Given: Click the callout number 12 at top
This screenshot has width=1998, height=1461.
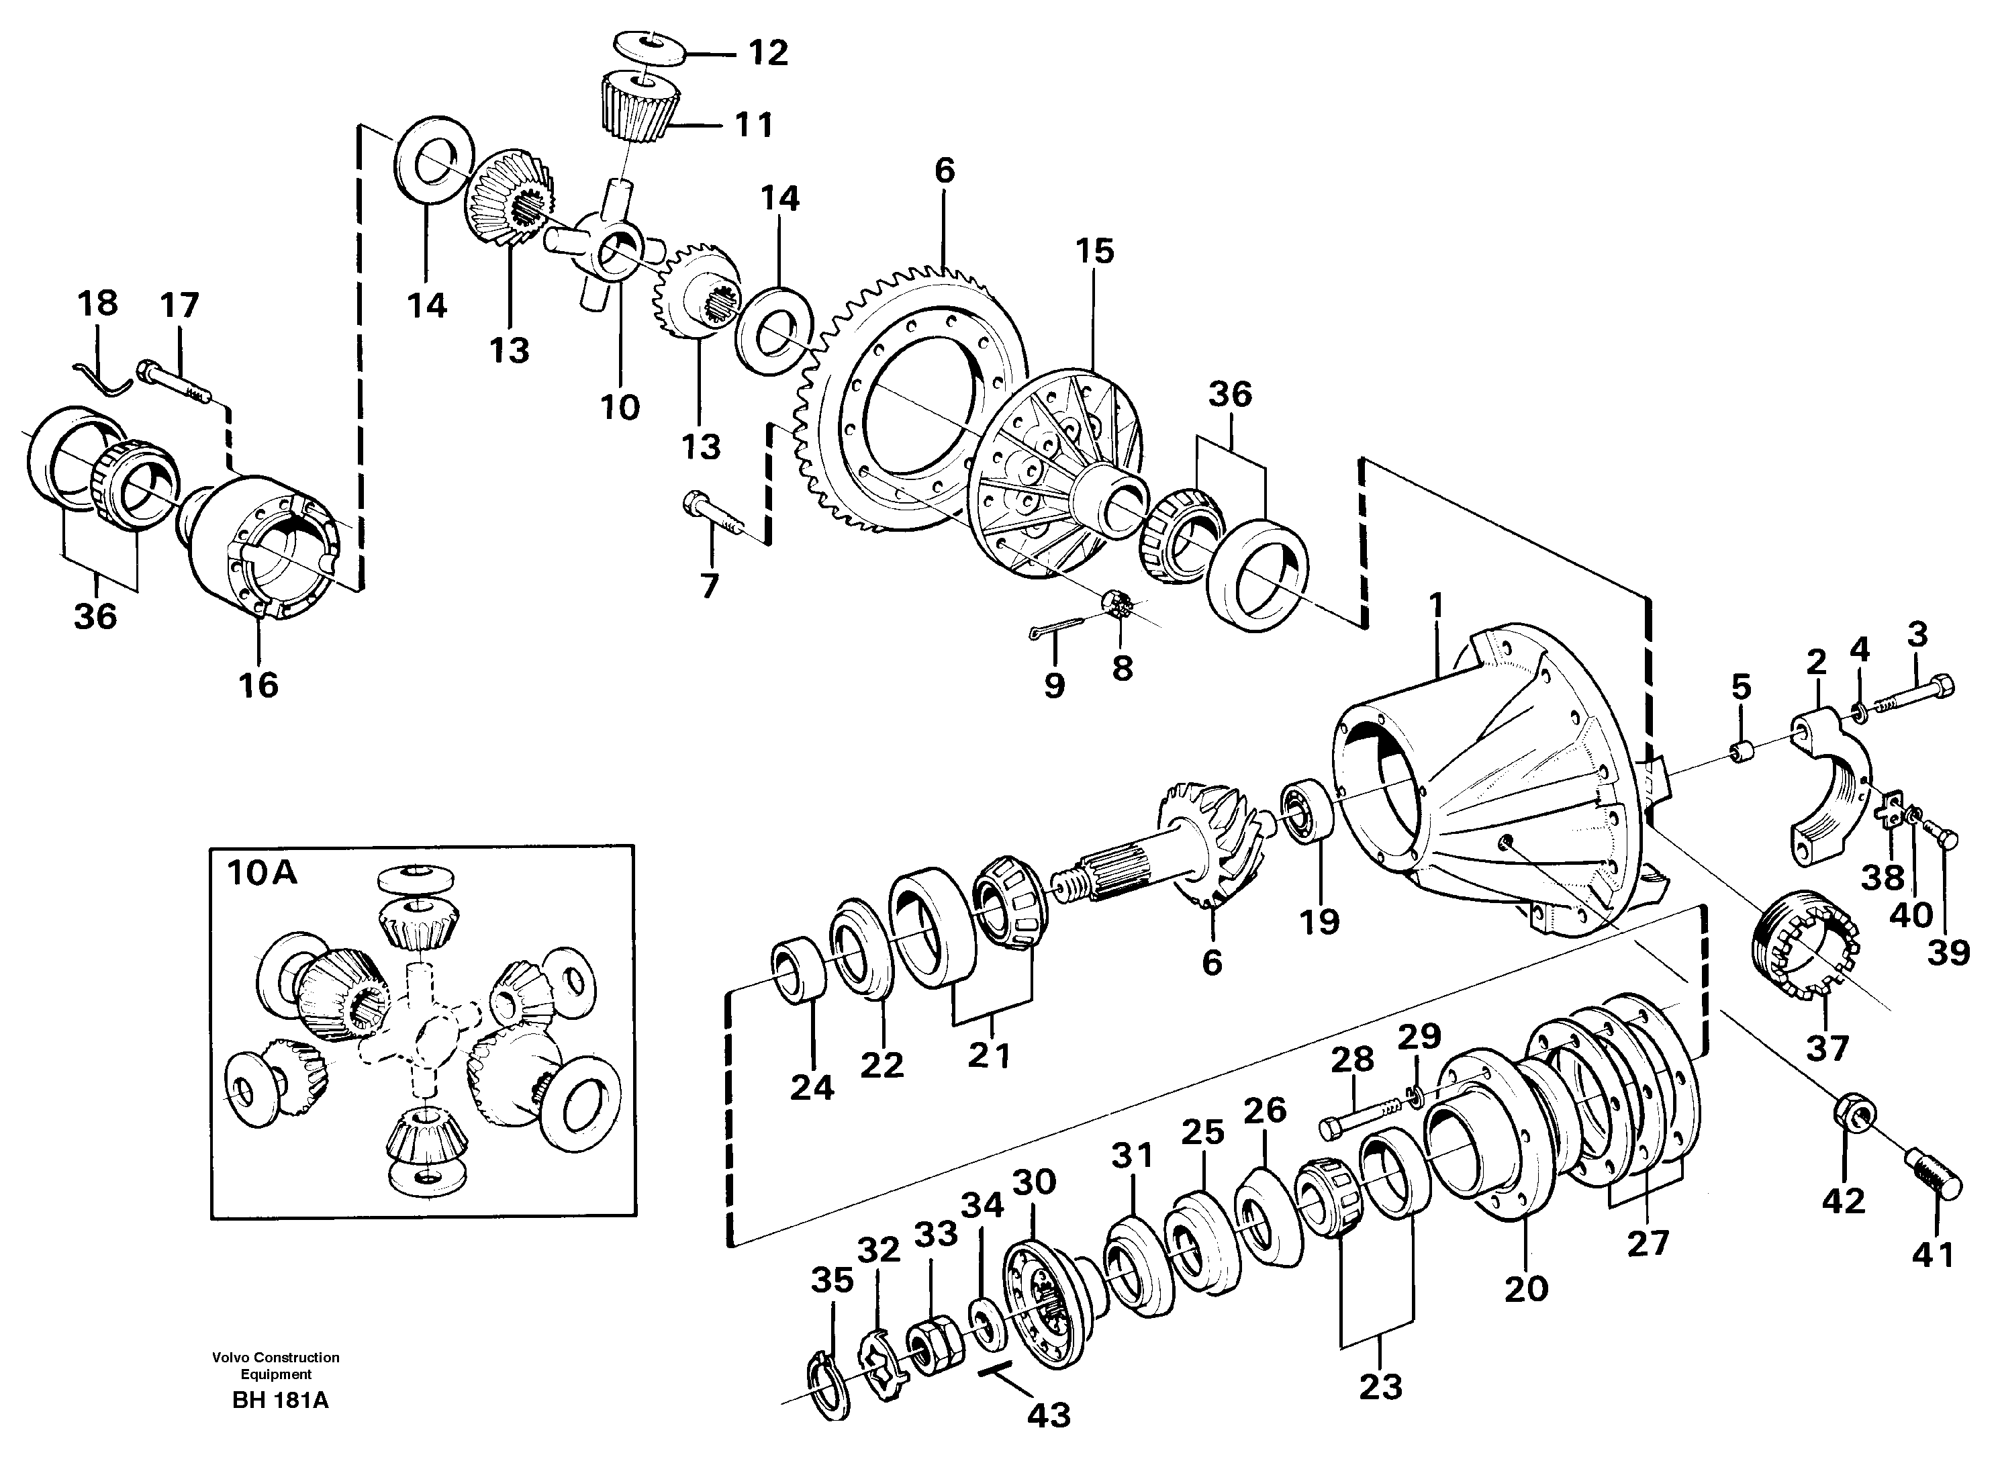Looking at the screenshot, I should tap(767, 53).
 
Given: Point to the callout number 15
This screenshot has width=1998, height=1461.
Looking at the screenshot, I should tap(1094, 251).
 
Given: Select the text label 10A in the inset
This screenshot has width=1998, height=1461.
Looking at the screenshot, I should tap(262, 874).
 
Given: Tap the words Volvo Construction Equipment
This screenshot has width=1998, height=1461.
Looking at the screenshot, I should tap(276, 1366).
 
